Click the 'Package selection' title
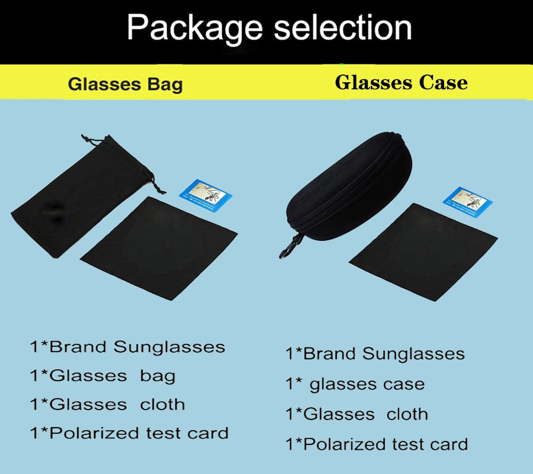coord(269,28)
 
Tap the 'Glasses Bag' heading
coord(125,84)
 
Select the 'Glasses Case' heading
coord(401,82)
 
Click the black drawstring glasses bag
coord(71,201)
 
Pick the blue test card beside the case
coord(468,200)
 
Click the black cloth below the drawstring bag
coord(158,249)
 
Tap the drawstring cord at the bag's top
coord(89,140)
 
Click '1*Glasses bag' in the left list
coord(102,375)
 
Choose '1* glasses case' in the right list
coord(355,384)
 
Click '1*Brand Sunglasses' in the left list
coord(127,347)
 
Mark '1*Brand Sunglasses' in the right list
coord(375,354)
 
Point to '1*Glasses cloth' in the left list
coord(107,404)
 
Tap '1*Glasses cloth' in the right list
coord(357,414)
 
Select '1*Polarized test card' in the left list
coord(129,433)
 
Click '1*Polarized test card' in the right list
coord(377,444)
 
